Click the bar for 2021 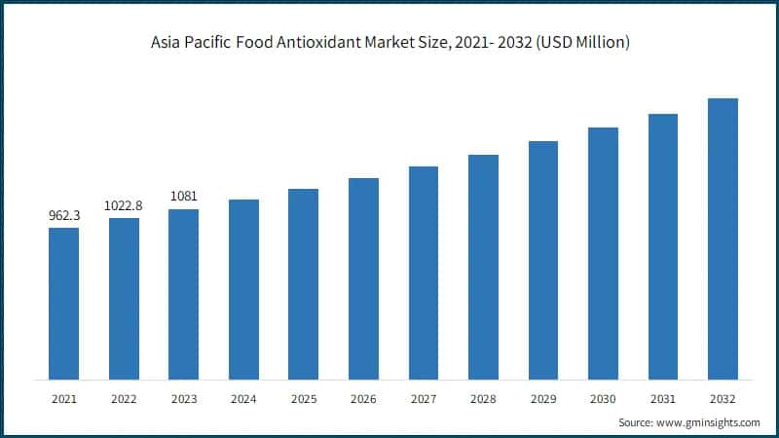pyautogui.click(x=63, y=304)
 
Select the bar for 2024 pyautogui.click(x=243, y=289)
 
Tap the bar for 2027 pyautogui.click(x=424, y=273)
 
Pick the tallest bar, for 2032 pyautogui.click(x=723, y=238)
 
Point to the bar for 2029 pyautogui.click(x=543, y=260)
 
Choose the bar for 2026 pyautogui.click(x=363, y=278)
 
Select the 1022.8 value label pyautogui.click(x=124, y=205)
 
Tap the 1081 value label pyautogui.click(x=183, y=197)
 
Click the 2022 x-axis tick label pyautogui.click(x=124, y=399)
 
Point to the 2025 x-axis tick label pyautogui.click(x=303, y=399)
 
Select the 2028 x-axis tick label pyautogui.click(x=483, y=399)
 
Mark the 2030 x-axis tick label pyautogui.click(x=603, y=399)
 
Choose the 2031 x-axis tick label pyautogui.click(x=663, y=399)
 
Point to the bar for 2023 pyautogui.click(x=183, y=294)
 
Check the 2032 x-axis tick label pyautogui.click(x=723, y=399)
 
